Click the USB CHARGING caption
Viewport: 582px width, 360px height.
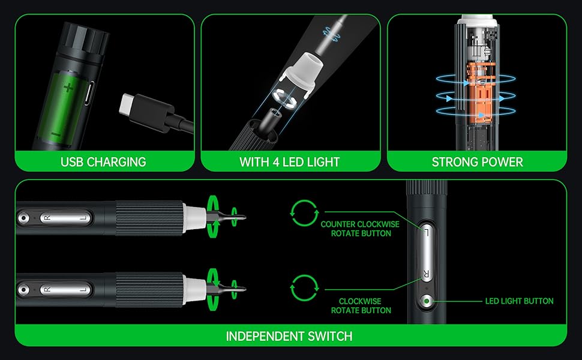click(103, 162)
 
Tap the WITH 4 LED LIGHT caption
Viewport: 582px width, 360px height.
click(290, 162)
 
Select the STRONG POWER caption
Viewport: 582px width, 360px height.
click(478, 162)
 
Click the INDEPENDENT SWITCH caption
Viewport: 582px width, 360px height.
click(289, 336)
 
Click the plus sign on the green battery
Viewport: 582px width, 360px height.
click(68, 88)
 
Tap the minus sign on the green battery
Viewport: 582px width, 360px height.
click(56, 134)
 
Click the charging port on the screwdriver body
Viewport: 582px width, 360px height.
click(88, 93)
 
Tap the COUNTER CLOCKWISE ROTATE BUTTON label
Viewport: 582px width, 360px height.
click(360, 229)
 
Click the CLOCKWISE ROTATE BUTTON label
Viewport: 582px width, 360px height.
click(361, 306)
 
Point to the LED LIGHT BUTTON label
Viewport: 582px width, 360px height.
click(519, 301)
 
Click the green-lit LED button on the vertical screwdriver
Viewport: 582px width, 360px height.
click(427, 301)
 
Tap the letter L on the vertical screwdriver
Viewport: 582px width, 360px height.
click(426, 233)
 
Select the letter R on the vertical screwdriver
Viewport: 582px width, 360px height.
click(426, 275)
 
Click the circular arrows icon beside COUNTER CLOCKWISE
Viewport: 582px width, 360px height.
click(304, 213)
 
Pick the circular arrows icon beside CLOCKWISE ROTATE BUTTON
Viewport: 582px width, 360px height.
click(304, 288)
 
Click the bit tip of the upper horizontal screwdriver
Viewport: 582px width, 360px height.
click(244, 217)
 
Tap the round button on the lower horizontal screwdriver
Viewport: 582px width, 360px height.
click(23, 290)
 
